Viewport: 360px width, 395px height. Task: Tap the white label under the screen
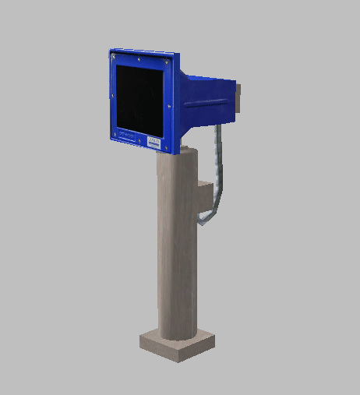[x=154, y=142]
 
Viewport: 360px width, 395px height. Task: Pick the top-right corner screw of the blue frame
[x=168, y=62]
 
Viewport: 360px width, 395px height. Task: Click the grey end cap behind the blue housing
[x=240, y=98]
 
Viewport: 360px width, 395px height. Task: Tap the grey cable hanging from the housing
[x=219, y=164]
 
